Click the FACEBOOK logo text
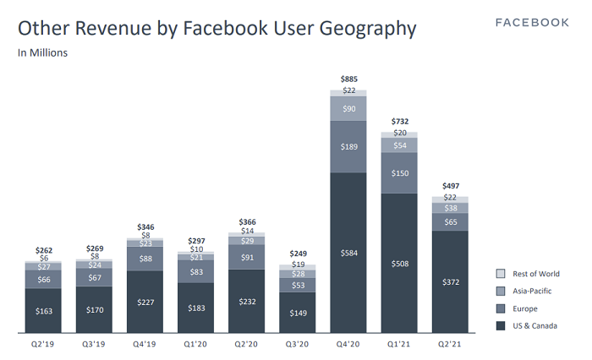[532, 22]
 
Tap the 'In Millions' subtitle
[43, 52]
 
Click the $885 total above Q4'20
[348, 79]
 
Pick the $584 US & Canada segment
[348, 253]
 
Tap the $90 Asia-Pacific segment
[348, 109]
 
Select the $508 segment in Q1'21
[399, 262]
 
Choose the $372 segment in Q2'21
[450, 281]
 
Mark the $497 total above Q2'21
[450, 187]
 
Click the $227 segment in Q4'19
[145, 302]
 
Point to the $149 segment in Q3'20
[298, 313]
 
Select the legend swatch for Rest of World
[501, 274]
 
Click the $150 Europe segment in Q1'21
[399, 173]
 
